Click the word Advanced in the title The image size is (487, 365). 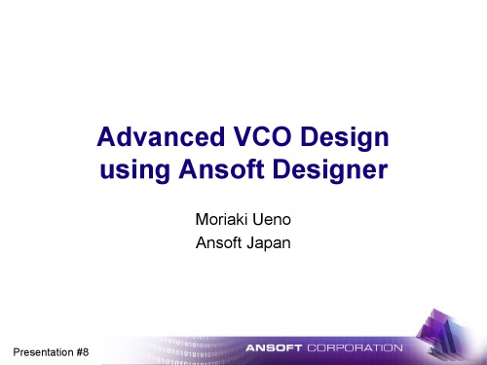click(x=154, y=137)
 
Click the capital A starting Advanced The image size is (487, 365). click(x=107, y=137)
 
